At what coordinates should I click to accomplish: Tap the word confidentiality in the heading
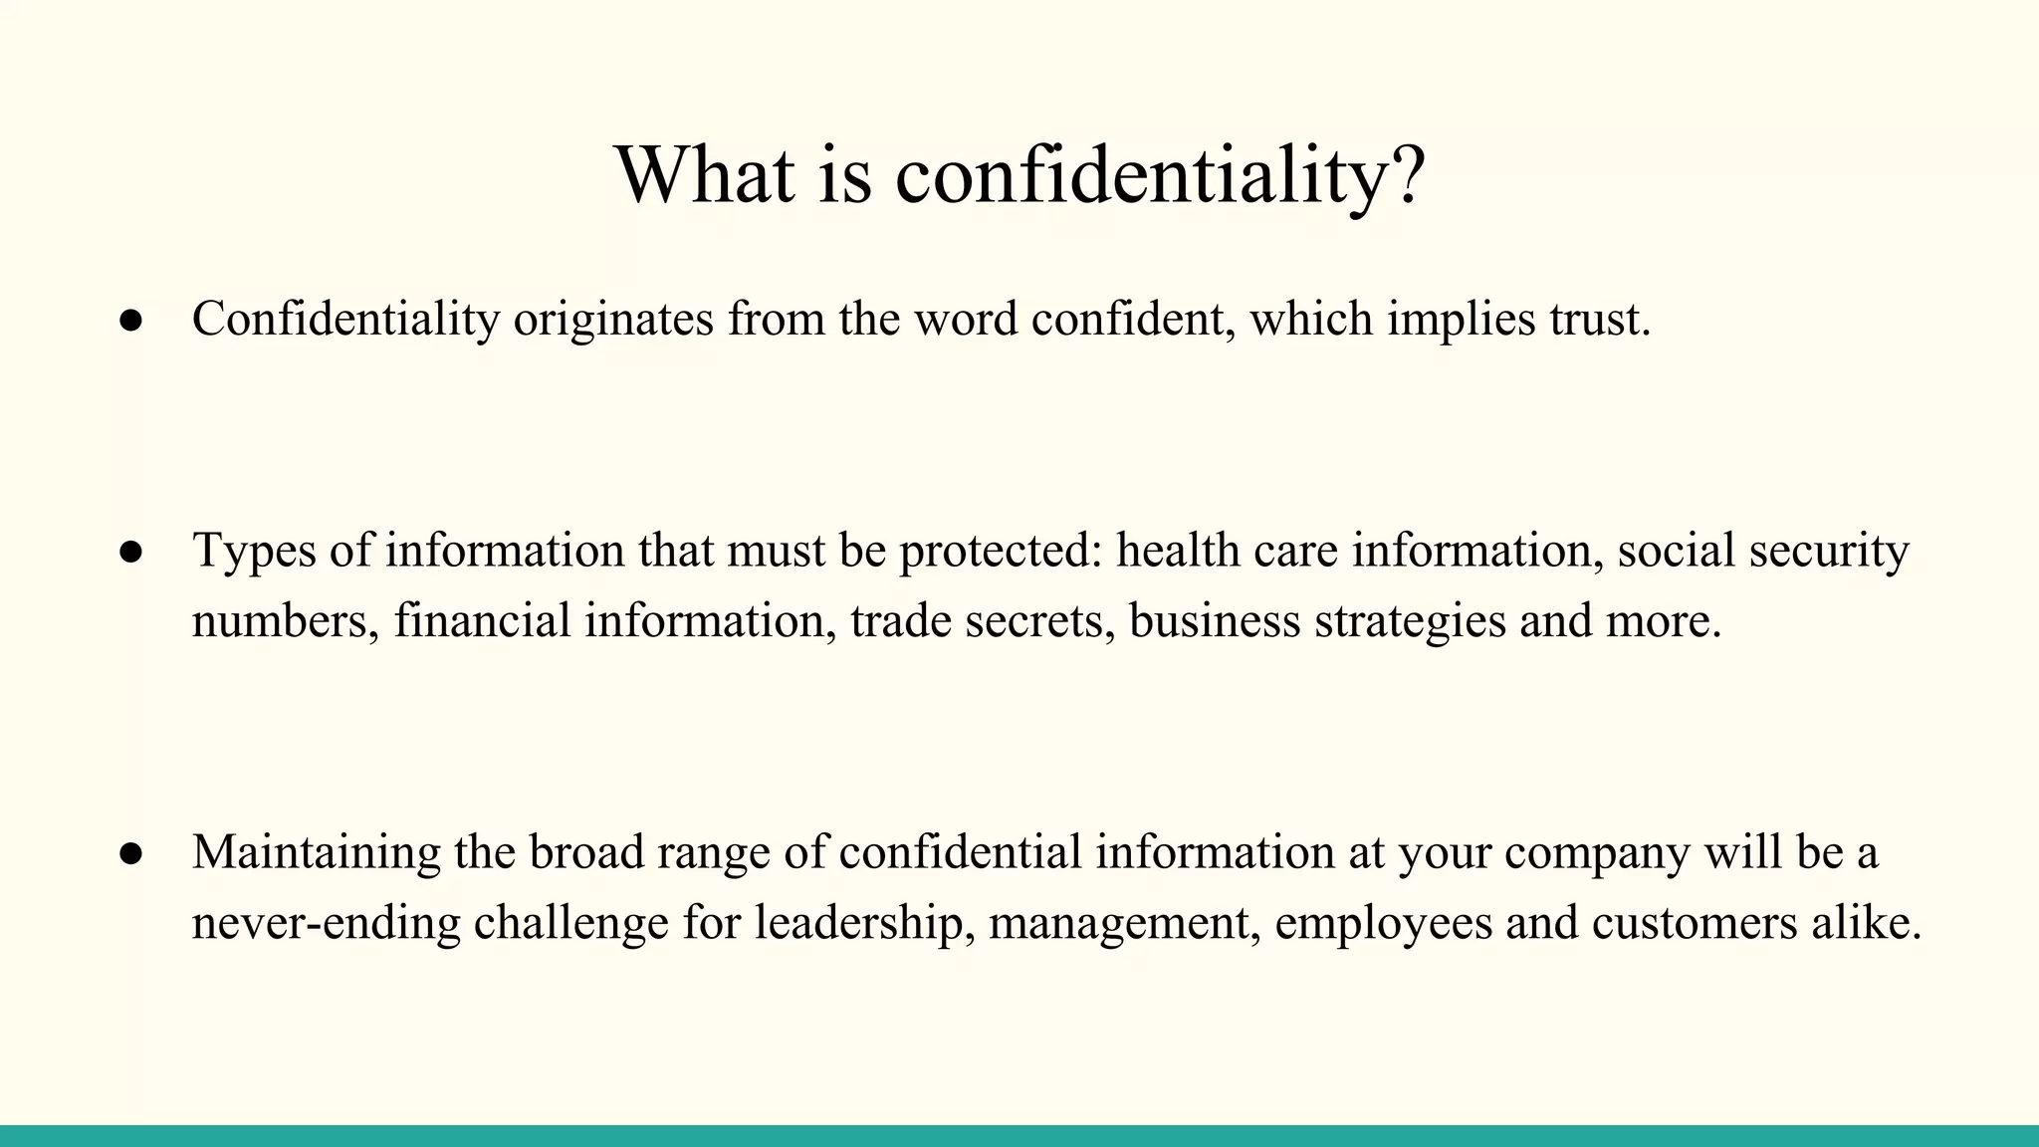(1140, 175)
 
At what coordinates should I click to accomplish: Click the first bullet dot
(131, 321)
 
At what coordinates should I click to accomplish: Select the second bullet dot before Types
(131, 553)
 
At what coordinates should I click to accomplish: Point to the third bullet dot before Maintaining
(131, 854)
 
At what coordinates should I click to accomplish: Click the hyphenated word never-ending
(326, 923)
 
